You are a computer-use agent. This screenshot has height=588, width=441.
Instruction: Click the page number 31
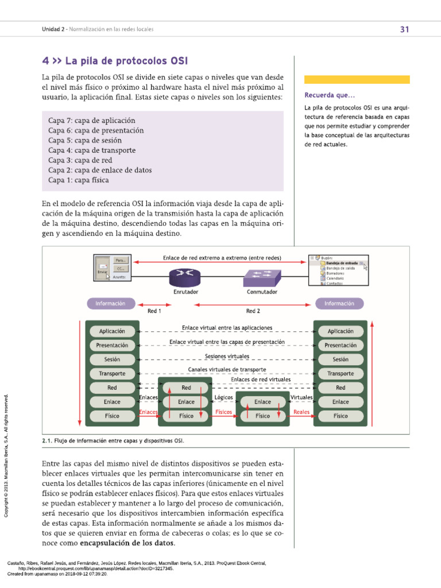pos(404,29)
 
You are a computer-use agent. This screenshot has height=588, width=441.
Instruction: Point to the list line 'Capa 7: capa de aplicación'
pos(92,121)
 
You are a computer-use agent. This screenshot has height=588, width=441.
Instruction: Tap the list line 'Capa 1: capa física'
pos(79,180)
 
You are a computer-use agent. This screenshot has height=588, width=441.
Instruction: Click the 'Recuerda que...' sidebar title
pos(330,95)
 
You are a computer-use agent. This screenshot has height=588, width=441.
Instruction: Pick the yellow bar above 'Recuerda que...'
pos(357,80)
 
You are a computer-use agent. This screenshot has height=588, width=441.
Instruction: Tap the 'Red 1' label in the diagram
pos(154,311)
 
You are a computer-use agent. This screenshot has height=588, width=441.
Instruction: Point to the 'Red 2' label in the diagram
pos(253,311)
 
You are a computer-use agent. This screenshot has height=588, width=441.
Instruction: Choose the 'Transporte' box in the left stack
pos(112,374)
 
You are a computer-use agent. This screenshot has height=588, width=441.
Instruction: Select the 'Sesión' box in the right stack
pos(341,359)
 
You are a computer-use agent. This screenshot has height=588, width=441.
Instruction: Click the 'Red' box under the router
pos(186,388)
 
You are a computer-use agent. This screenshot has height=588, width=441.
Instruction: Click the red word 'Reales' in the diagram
pos(301,412)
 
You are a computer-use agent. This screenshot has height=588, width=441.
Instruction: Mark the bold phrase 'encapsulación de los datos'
pos(127,543)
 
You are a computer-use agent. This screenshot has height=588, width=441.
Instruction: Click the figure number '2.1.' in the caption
pos(47,440)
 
